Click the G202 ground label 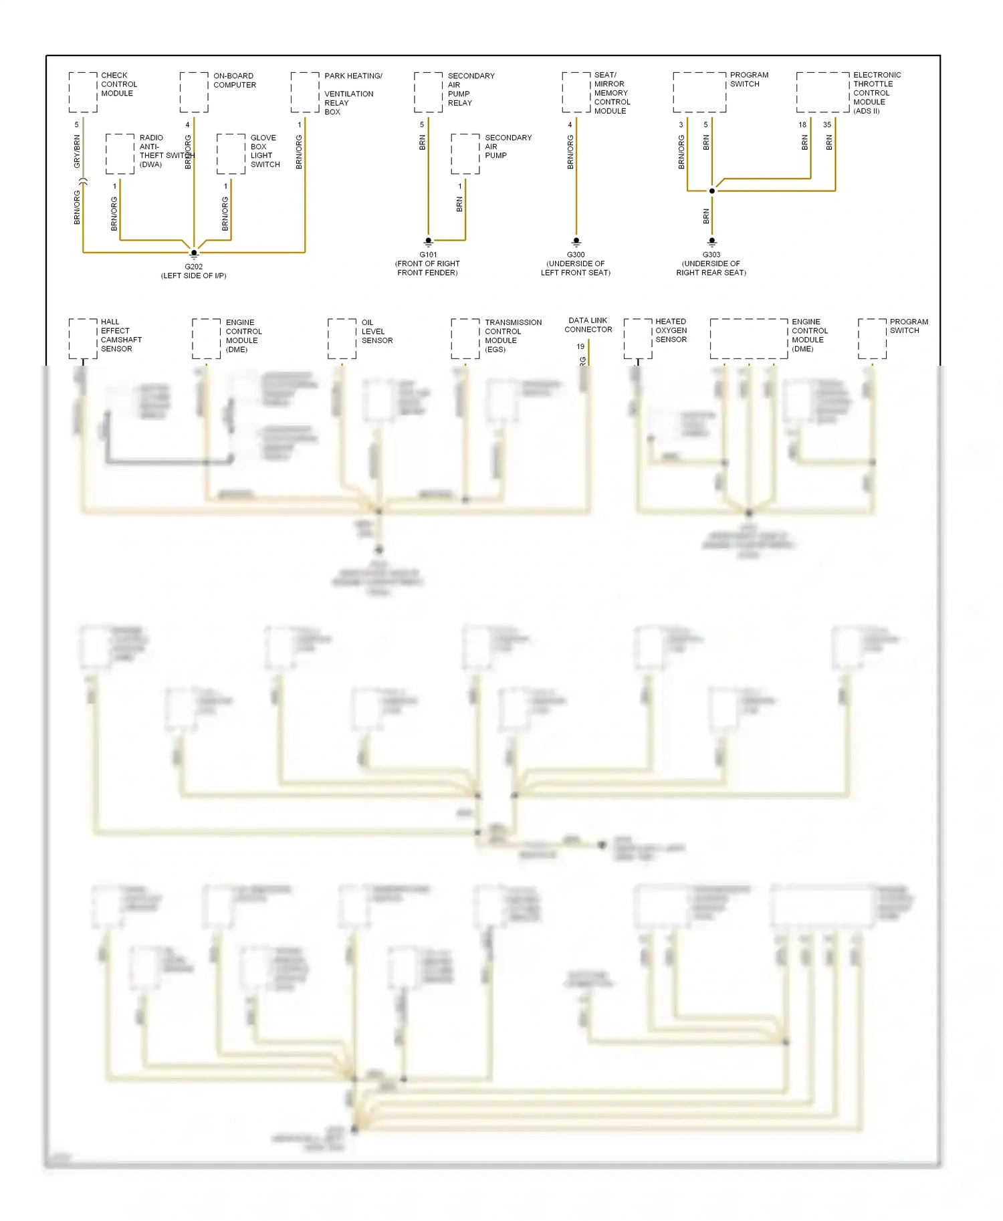(193, 267)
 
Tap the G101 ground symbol (429, 242)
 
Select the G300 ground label (576, 255)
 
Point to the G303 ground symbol (711, 242)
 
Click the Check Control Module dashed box (83, 92)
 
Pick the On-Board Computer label (234, 80)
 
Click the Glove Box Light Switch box (231, 154)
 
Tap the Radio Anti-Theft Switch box (120, 154)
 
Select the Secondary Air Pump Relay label (471, 89)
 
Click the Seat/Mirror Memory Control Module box (576, 92)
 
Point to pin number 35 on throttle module (827, 125)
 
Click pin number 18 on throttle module (802, 125)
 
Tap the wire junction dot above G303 (712, 191)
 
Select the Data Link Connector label (588, 325)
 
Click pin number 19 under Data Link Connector (580, 346)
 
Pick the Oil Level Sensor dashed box (342, 338)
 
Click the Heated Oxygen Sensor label (671, 330)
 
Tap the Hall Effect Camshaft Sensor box (83, 338)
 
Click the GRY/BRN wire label (77, 151)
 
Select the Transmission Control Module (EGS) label (513, 336)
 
